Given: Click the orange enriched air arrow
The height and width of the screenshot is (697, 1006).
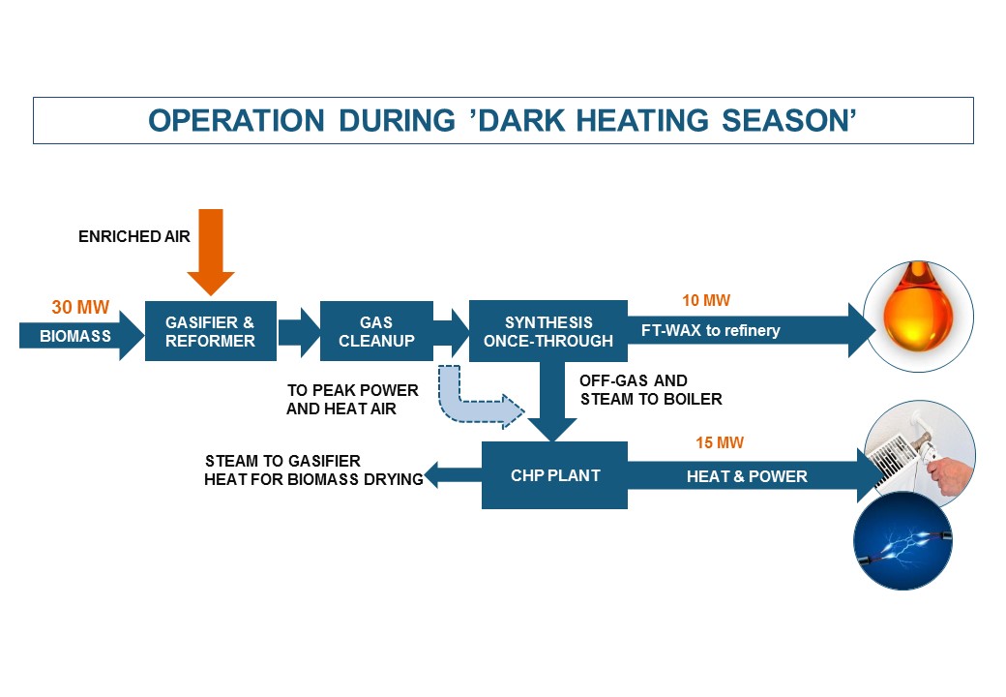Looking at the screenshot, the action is [211, 252].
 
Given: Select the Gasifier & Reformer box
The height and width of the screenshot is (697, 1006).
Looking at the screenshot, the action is [211, 330].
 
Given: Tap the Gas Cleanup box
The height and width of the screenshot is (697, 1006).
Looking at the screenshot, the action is [376, 330].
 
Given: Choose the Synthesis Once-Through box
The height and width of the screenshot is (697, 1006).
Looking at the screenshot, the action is [547, 330].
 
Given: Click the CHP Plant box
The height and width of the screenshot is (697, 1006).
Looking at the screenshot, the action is [554, 475].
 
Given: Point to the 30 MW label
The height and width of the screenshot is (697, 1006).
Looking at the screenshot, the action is [80, 308].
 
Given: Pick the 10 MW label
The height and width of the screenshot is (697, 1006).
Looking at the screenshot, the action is [706, 300].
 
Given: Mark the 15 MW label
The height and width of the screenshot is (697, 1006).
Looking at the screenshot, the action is [720, 442].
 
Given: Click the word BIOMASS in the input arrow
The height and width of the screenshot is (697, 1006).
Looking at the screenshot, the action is [75, 336].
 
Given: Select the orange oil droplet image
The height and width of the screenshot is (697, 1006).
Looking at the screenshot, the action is [918, 316].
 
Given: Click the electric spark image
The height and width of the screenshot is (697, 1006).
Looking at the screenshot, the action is [902, 540].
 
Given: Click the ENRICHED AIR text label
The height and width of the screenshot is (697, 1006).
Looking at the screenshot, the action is [134, 237].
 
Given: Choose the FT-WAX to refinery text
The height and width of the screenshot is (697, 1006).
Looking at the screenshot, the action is [710, 330].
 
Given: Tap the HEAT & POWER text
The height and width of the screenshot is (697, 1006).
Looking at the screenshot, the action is [747, 476].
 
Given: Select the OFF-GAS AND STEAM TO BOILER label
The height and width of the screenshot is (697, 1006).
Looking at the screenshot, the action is [651, 389].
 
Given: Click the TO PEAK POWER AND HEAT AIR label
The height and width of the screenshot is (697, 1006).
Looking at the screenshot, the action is [352, 399].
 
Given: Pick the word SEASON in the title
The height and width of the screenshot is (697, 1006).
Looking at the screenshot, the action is [789, 121].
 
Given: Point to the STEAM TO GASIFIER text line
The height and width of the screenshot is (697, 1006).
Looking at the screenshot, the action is [282, 461].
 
